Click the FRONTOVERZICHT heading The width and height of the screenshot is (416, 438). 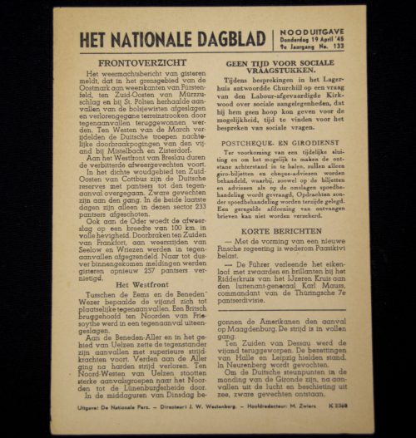point(134,63)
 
